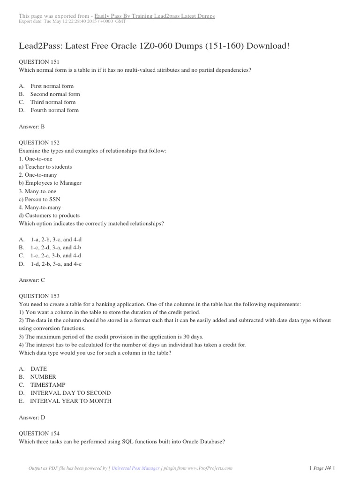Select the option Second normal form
point(55,94)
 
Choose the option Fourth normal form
point(54,110)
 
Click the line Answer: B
point(31,127)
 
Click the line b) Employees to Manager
point(50,183)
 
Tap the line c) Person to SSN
point(40,199)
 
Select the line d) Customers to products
point(49,216)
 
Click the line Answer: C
point(31,280)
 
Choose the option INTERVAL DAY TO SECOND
point(70,393)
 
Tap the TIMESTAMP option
point(48,385)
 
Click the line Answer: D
point(31,417)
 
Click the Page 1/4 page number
point(323,468)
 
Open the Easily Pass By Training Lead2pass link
point(155,16)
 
